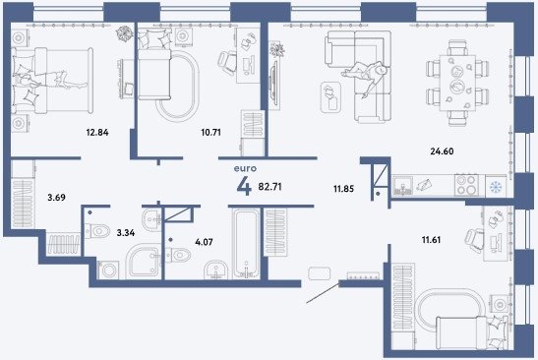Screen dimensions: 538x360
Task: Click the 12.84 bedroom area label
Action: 97,132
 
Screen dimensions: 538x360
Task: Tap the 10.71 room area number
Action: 210,132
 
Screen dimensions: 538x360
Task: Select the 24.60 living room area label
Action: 442,151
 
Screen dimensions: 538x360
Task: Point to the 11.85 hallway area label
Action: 343,189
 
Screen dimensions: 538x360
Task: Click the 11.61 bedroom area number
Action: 431,240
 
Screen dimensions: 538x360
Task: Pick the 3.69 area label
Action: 56,198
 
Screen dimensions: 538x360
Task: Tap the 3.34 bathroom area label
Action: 126,233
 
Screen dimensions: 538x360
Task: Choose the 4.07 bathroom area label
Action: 204,242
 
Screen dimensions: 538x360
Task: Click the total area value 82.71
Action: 269,187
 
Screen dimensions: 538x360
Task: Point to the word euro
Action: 245,169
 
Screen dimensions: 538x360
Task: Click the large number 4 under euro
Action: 244,187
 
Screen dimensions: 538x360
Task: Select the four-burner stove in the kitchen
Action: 466,185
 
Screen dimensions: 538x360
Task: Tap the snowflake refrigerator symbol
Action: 496,187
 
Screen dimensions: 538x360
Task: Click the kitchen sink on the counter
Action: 403,185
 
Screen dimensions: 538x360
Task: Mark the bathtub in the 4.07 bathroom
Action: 246,244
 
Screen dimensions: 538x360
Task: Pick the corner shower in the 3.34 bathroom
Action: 144,263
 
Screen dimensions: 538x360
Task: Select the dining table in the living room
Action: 458,83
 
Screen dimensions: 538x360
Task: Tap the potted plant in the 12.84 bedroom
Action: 124,33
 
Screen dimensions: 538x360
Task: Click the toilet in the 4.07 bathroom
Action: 178,255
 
